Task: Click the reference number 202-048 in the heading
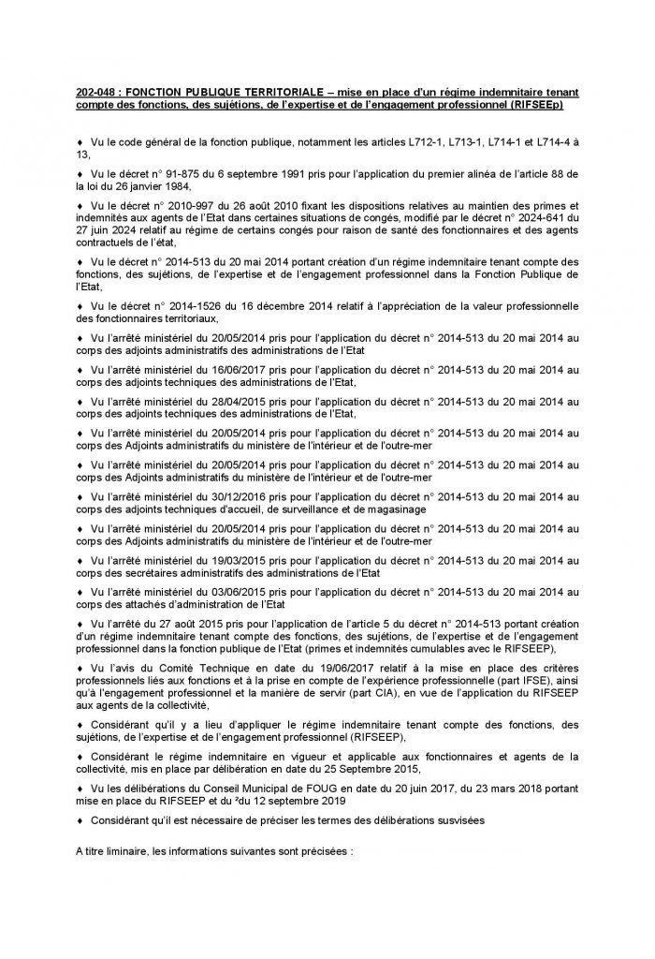pos(95,95)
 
